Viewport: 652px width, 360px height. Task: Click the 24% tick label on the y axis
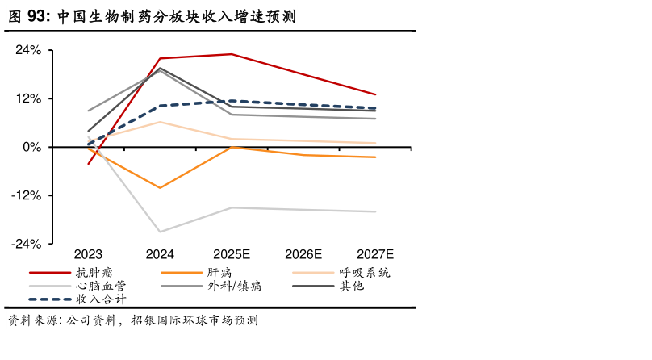point(28,50)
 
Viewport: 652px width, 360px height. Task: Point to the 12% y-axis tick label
point(28,98)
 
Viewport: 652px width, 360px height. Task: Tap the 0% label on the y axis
point(31,147)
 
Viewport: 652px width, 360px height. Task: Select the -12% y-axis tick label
point(26,195)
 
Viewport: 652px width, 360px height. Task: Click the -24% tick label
point(26,244)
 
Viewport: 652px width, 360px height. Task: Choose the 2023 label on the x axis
point(88,254)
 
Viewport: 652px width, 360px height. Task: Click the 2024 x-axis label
point(160,254)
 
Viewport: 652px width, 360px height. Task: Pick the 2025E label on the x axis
point(232,254)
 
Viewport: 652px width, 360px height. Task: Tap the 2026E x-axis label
point(303,254)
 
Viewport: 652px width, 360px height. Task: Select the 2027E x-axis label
point(375,254)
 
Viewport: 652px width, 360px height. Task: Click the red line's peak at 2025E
point(232,54)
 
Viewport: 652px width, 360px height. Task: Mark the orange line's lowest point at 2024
point(160,188)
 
